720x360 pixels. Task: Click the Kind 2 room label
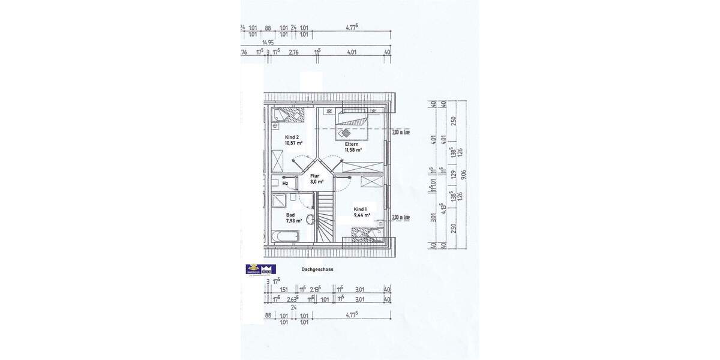click(x=293, y=137)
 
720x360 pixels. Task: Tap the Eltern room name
click(x=351, y=145)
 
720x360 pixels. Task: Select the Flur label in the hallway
click(x=314, y=176)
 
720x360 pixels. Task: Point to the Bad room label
click(x=290, y=215)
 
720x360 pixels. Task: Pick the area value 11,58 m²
click(x=353, y=150)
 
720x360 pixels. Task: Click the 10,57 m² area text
click(x=294, y=143)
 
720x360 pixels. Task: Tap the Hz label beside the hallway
click(x=286, y=184)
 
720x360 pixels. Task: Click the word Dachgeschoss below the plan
click(x=317, y=270)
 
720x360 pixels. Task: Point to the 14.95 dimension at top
click(x=268, y=42)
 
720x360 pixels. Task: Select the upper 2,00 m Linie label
click(x=400, y=132)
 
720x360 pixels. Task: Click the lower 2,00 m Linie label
click(x=400, y=217)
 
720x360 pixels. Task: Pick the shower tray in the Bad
click(x=280, y=202)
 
